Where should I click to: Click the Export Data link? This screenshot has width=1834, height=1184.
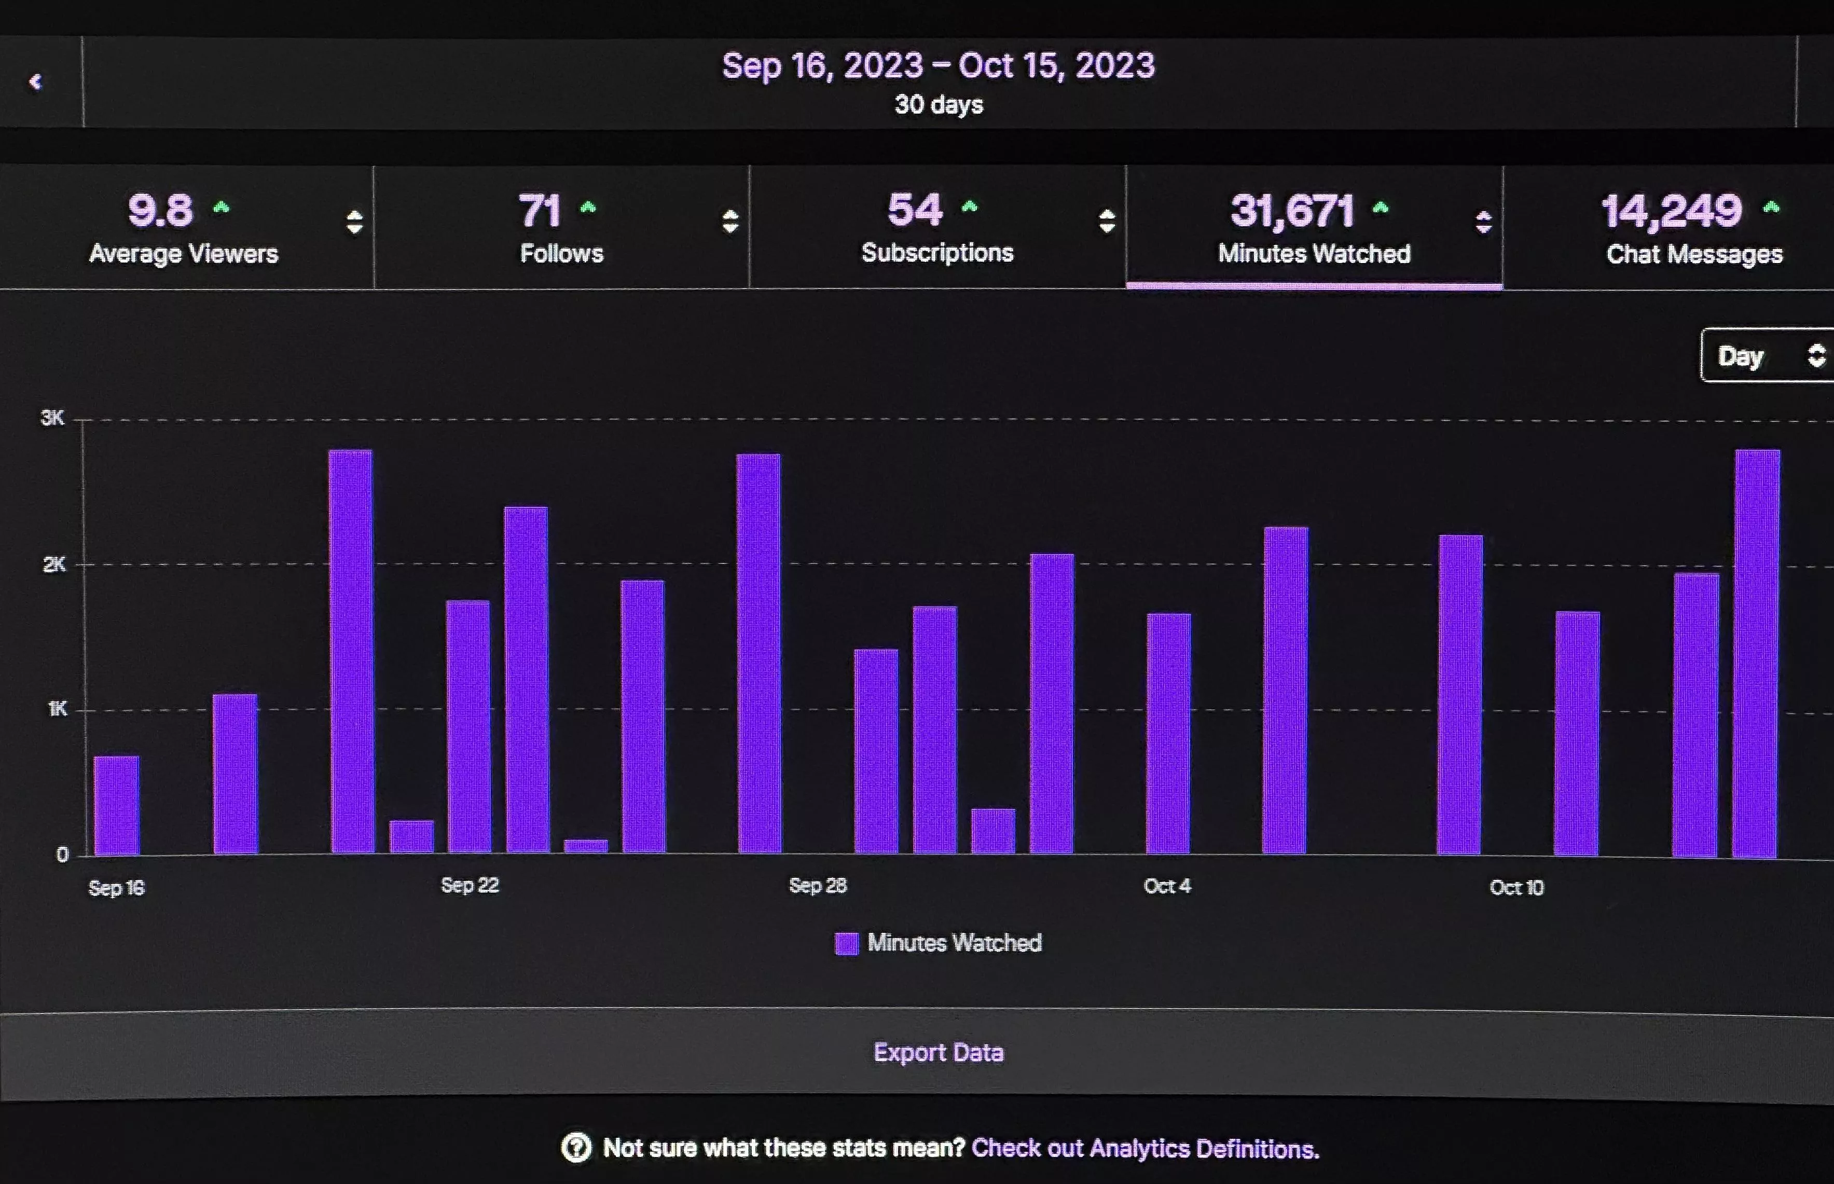[x=938, y=1052]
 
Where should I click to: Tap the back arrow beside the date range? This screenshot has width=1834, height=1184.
[x=35, y=81]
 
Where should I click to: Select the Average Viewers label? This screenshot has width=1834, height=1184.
[x=183, y=254]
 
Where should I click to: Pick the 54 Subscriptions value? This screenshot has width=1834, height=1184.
[x=914, y=210]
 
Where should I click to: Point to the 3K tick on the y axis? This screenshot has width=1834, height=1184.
[x=52, y=418]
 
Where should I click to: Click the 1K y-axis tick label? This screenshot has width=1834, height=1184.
[x=57, y=709]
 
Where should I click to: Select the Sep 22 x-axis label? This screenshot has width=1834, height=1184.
[x=470, y=886]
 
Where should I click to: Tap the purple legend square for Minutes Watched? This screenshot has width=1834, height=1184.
[x=846, y=943]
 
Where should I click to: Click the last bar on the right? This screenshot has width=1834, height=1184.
[x=1756, y=654]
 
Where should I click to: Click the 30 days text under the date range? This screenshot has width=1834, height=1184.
[x=938, y=105]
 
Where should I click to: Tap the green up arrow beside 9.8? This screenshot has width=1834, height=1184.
[x=222, y=207]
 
